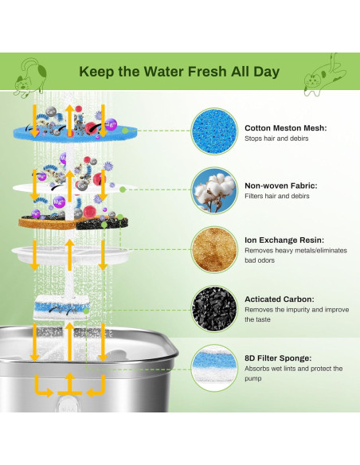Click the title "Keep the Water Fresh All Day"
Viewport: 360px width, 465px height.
[179, 72]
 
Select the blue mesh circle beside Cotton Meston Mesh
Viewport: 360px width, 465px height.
[216, 131]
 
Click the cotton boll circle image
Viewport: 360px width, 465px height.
[216, 190]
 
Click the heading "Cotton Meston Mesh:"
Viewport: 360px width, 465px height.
[286, 127]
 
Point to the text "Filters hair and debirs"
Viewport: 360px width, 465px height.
[277, 197]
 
